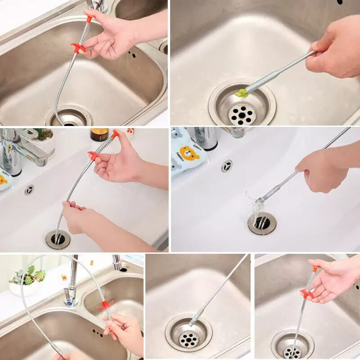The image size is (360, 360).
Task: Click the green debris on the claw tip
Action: [x=242, y=93]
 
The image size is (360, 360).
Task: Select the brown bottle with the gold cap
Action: [x=99, y=135]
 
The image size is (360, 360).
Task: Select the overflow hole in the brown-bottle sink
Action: [x=29, y=189]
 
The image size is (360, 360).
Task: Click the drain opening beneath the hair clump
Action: [x=261, y=222]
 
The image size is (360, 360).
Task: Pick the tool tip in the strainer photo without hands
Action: [x=192, y=323]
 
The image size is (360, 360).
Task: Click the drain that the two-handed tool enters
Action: [x=58, y=239]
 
